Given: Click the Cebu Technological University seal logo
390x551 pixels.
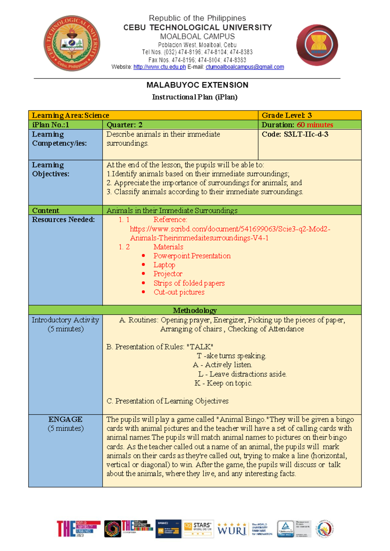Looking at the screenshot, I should (72, 43).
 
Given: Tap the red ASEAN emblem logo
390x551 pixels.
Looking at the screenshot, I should (317, 45).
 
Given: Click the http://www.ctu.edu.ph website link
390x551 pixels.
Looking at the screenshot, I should (160, 67).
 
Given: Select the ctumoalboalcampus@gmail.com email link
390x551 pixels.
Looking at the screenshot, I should (245, 67).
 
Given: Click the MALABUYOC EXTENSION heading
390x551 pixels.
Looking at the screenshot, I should (197, 85).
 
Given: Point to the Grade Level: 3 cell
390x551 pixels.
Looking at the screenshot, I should (287, 115).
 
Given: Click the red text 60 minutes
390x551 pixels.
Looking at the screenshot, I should (315, 125).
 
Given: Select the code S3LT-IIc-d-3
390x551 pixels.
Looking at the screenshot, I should (306, 134).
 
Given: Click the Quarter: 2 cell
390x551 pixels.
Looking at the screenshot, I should (124, 125).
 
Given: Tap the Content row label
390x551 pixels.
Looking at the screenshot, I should (46, 210).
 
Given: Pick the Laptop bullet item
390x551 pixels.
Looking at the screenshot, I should (164, 265).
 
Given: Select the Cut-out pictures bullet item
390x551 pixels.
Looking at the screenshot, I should (179, 292).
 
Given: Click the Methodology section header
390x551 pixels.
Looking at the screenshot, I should (195, 310).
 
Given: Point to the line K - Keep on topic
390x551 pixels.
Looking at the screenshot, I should (223, 383).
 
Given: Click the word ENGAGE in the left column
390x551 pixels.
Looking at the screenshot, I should (65, 419).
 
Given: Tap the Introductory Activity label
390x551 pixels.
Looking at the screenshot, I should (65, 320).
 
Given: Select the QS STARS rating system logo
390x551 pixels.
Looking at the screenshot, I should (198, 528).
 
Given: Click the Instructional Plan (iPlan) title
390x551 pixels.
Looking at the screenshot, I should (195, 97).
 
